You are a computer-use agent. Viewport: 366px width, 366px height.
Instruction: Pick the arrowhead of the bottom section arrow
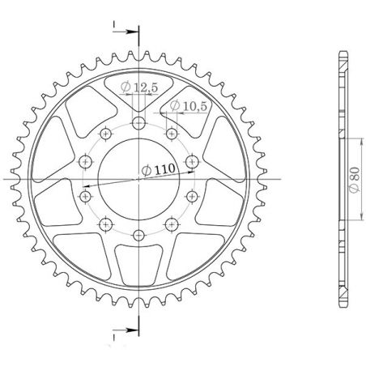point(135,330)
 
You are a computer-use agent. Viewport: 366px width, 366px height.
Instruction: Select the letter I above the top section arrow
point(114,23)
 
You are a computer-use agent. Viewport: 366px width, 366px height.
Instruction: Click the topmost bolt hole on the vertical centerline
point(139,123)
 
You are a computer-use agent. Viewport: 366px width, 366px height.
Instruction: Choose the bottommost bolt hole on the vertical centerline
point(139,236)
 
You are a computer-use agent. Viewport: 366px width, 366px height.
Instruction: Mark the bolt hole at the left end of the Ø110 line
point(86,195)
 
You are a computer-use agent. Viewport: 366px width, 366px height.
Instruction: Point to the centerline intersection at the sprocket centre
point(139,179)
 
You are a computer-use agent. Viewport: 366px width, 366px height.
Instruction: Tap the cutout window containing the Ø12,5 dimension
point(139,93)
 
